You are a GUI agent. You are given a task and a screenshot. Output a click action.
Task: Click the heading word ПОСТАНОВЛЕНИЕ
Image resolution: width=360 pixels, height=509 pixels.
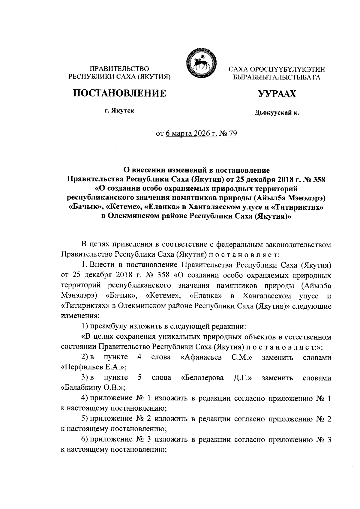pyautogui.click(x=120, y=93)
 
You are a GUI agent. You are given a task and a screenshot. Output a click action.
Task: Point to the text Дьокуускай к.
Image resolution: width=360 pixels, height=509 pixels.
pyautogui.click(x=277, y=113)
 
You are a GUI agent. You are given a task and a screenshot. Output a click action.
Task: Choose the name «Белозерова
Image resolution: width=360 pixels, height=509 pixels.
pyautogui.click(x=202, y=378)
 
